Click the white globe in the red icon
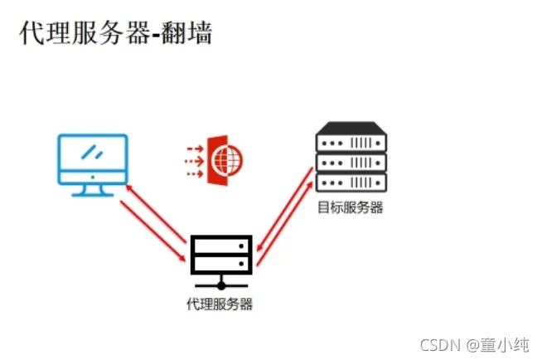[222, 155]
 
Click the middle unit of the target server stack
[351, 161]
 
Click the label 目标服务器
[351, 207]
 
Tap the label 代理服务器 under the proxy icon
[220, 304]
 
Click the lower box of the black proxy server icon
[220, 265]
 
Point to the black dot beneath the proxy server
[220, 286]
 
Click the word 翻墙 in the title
[190, 35]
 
